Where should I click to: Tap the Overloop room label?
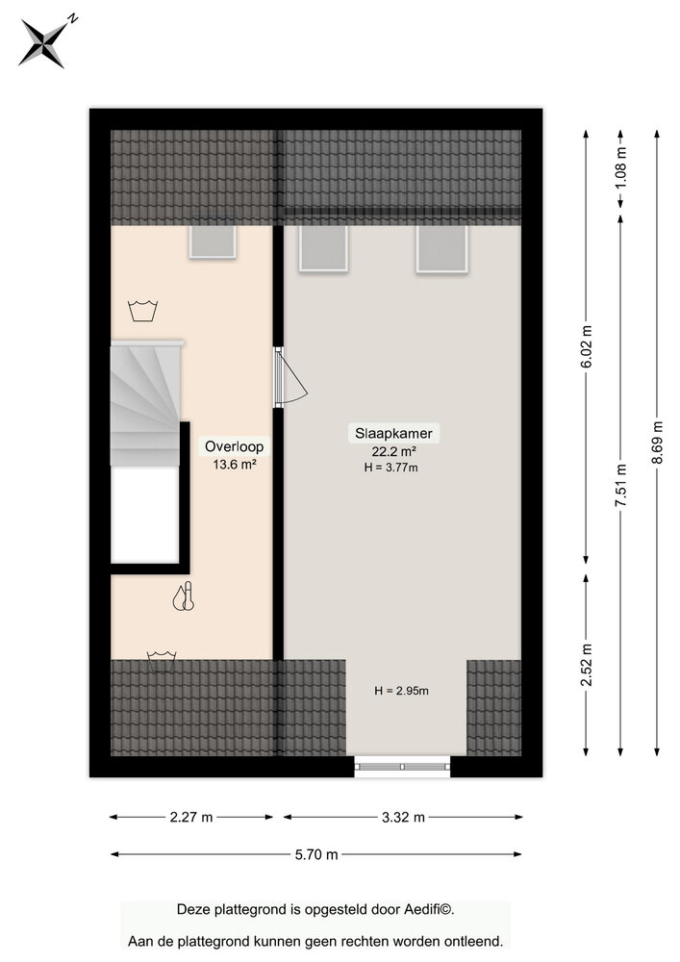point(234,446)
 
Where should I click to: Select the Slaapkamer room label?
point(393,434)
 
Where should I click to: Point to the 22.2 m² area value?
point(393,451)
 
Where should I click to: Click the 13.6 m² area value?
point(234,464)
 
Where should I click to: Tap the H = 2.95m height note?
point(401,691)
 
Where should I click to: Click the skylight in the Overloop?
point(213,241)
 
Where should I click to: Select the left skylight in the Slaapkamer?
point(323,248)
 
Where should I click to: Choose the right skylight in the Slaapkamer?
point(441,248)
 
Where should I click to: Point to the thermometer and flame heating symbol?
point(183,597)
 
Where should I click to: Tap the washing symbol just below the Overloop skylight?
point(142,310)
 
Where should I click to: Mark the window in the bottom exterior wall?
point(402,767)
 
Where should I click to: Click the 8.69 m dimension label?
point(657,442)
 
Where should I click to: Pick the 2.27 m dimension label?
point(190,818)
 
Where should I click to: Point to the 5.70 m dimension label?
point(316,854)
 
